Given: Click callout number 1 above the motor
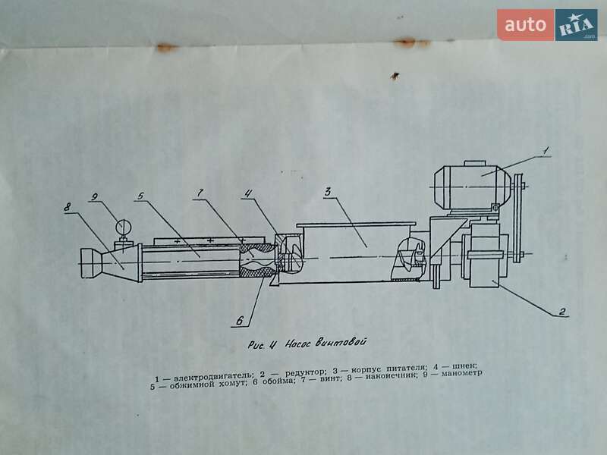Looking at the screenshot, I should (x=545, y=149).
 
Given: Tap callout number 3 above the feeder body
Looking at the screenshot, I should (x=328, y=192).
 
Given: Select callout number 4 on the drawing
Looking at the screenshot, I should (x=247, y=195).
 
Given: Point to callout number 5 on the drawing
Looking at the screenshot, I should (x=141, y=196).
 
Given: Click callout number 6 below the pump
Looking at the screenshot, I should (x=239, y=320).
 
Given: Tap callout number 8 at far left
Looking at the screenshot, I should (x=68, y=206).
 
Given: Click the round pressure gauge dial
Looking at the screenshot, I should (x=121, y=226).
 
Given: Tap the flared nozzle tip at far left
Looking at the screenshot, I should (x=90, y=262).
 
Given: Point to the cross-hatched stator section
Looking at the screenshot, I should (x=256, y=261).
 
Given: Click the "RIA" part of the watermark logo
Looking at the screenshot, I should (x=576, y=25).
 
